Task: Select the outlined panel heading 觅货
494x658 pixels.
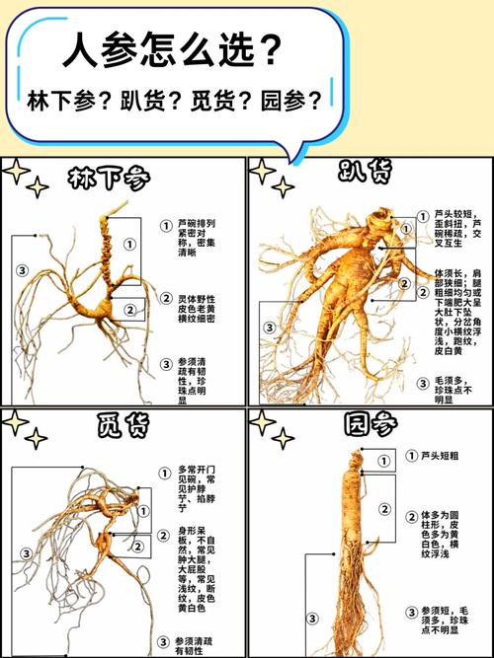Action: [x=123, y=426]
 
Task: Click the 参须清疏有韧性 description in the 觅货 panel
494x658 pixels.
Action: [x=194, y=646]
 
